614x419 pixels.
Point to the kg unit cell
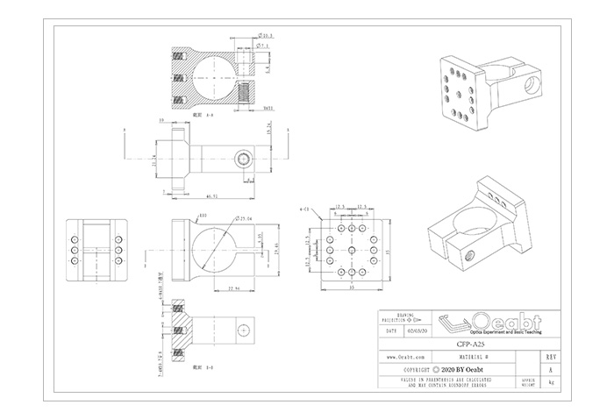(550, 383)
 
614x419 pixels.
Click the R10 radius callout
(202, 215)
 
